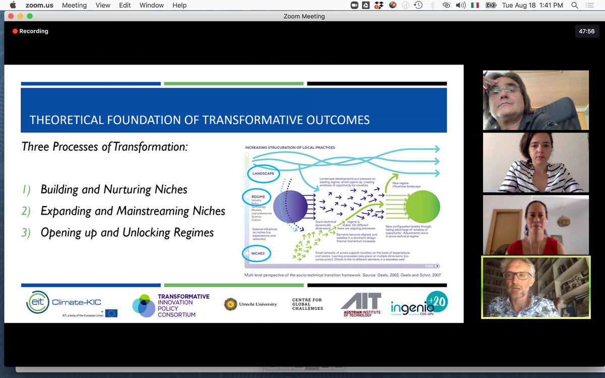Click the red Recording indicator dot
point(15,31)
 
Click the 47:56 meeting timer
point(586,31)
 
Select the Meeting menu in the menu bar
point(74,5)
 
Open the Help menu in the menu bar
point(179,5)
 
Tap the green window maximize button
point(30,16)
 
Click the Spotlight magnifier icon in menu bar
point(574,5)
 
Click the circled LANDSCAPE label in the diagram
point(262,173)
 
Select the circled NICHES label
point(257,253)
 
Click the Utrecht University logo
point(251,304)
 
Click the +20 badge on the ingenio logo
point(437,301)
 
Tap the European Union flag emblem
point(111,313)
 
